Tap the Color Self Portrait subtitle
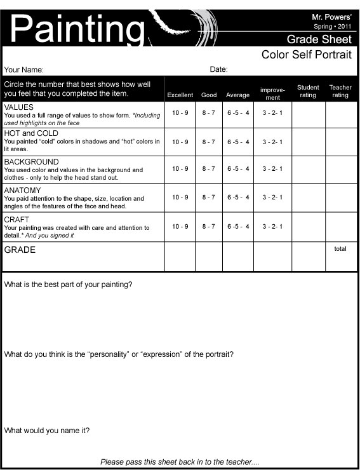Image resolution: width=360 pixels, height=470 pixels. pos(306,55)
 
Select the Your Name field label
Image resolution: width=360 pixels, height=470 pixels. pos(24,70)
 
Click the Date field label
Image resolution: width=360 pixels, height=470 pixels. pos(218,70)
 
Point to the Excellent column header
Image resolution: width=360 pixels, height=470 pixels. pos(180,95)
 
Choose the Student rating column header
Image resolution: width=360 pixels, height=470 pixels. pos(308,91)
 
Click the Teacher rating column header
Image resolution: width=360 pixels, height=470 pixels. pos(340,91)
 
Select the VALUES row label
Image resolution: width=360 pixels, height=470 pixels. pos(19,107)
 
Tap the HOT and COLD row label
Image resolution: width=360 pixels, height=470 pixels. pos(30,133)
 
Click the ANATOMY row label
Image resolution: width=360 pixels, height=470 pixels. pos(22,190)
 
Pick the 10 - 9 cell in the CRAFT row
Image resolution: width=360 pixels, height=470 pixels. pos(180,226)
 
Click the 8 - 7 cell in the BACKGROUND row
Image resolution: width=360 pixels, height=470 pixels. pos(209,169)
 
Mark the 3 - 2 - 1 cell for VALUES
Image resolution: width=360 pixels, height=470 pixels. pos(272,113)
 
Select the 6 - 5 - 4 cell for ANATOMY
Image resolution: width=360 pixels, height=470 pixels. pos(238,198)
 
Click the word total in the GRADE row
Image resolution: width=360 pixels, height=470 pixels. pos(340,249)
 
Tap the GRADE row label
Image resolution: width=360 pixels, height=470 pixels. pos(20,250)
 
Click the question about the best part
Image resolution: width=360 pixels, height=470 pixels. pos(69,285)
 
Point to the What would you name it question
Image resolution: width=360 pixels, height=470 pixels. pos(47,431)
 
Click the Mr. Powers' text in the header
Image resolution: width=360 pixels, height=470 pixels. pos(331,16)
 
